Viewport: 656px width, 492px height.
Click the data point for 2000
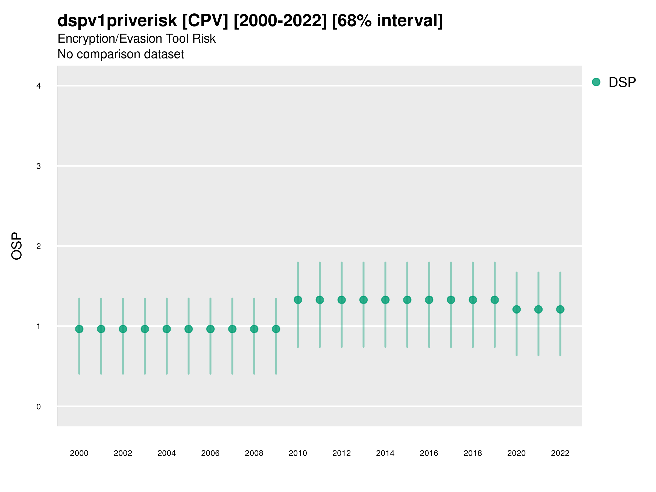point(79,329)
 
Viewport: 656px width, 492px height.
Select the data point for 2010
point(298,300)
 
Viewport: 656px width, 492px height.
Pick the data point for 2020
point(516,309)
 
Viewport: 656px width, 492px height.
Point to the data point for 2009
point(276,329)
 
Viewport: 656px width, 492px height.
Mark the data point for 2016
point(429,300)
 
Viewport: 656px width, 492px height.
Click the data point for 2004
point(167,329)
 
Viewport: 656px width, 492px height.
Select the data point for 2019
point(495,300)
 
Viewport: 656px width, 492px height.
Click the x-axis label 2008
point(254,453)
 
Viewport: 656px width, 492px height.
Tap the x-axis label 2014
point(385,453)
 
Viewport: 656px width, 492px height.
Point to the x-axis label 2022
point(560,453)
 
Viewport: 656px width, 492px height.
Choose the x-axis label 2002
point(123,453)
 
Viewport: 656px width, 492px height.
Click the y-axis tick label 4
point(39,86)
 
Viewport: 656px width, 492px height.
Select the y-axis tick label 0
point(39,407)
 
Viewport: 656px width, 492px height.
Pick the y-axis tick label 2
point(39,246)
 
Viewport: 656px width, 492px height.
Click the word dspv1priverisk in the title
point(117,20)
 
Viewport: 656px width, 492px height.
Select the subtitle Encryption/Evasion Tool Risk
point(136,39)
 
